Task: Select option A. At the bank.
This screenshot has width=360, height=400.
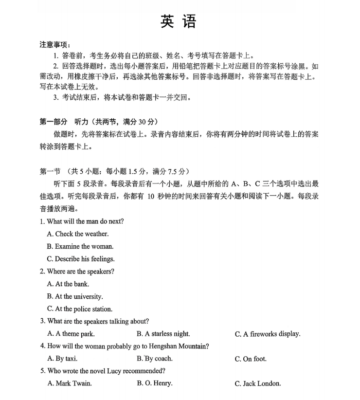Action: (68, 284)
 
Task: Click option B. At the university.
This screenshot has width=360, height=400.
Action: (75, 296)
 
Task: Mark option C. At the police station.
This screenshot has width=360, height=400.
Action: (80, 309)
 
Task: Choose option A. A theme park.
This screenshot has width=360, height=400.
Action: (71, 334)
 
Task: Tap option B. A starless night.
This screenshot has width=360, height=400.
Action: (163, 334)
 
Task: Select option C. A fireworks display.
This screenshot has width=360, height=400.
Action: (268, 334)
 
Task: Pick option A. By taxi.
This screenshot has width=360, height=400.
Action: (62, 359)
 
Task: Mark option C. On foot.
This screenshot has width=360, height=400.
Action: (251, 359)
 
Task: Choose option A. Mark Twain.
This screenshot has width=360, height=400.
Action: (70, 383)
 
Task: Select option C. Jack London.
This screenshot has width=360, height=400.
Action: (258, 384)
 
